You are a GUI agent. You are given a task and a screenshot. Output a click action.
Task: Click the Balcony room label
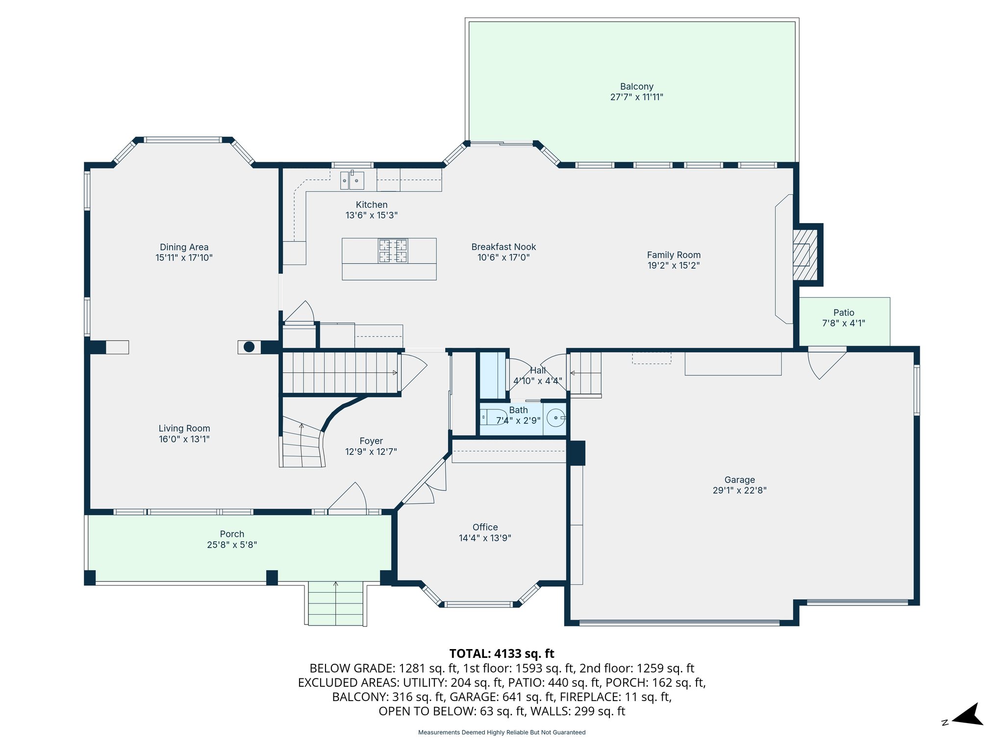[636, 87]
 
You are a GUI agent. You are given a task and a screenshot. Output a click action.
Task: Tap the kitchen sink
[352, 180]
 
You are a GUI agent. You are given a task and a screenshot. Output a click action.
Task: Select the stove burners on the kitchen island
[393, 251]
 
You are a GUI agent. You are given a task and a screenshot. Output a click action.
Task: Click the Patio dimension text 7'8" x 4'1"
[843, 323]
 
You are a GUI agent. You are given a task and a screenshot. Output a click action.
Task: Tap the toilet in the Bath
[492, 417]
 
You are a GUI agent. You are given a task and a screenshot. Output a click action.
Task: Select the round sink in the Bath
[555, 418]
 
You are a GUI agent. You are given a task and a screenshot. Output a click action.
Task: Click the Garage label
[739, 479]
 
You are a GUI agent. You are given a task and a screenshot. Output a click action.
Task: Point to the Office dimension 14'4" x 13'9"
[485, 538]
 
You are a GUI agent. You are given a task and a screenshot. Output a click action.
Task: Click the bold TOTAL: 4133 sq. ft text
[502, 653]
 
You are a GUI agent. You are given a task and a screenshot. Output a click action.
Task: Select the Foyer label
[371, 441]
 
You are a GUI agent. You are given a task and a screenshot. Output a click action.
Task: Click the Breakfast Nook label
[503, 247]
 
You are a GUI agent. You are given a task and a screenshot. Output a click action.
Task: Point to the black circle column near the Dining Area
[249, 347]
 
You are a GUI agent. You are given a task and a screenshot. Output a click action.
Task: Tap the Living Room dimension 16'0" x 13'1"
[184, 439]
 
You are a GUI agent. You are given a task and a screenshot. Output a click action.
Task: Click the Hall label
[537, 371]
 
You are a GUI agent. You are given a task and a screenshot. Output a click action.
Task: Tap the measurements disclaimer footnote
[502, 732]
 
